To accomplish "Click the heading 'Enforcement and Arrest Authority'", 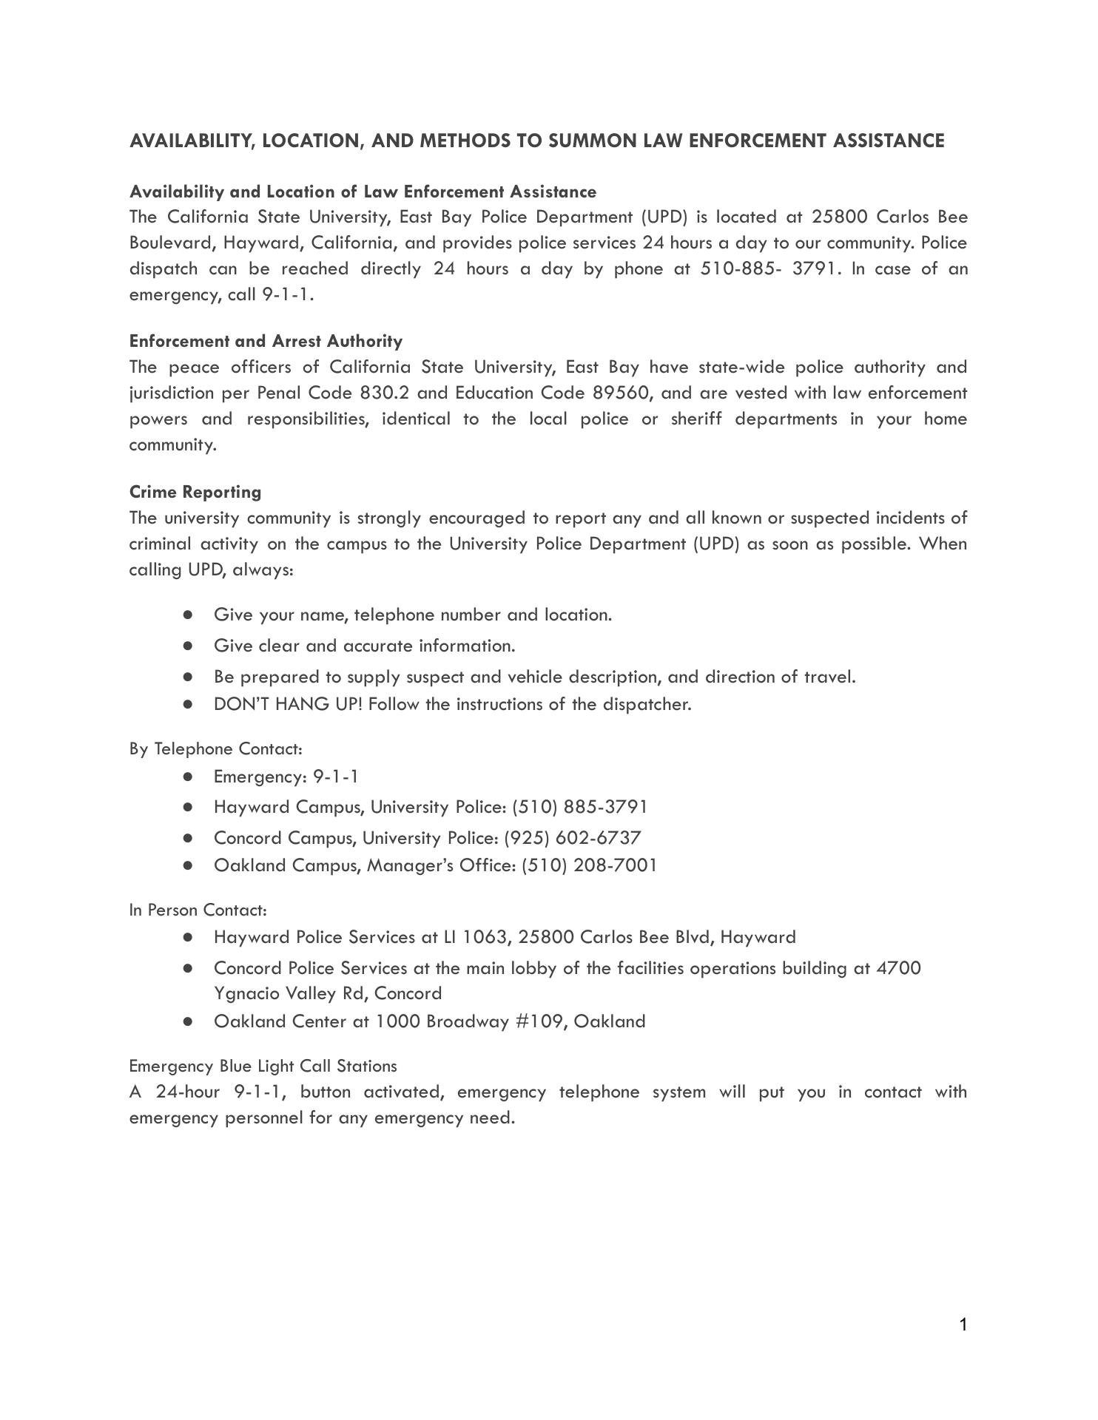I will coord(266,341).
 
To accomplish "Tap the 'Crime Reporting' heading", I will coord(195,492).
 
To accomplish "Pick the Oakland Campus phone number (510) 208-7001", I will coord(589,865).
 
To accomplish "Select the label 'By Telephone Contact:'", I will coord(215,749).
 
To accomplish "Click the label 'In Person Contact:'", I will coord(198,910).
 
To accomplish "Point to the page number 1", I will coord(963,1325).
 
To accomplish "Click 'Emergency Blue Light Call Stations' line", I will coord(263,1066).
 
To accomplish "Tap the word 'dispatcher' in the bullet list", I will coord(647,704).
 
